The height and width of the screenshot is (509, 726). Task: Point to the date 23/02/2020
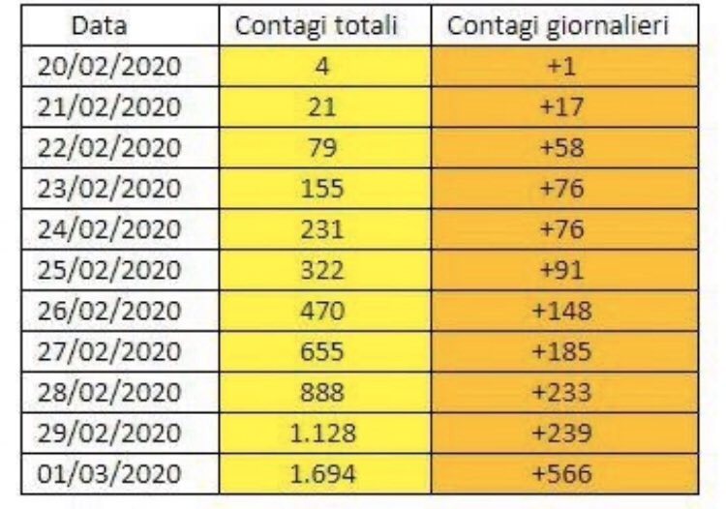click(109, 188)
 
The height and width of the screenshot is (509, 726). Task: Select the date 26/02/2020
click(109, 312)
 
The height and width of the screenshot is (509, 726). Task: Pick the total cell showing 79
click(323, 147)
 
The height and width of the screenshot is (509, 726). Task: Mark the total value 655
click(323, 353)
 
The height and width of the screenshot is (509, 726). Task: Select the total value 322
click(323, 270)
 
